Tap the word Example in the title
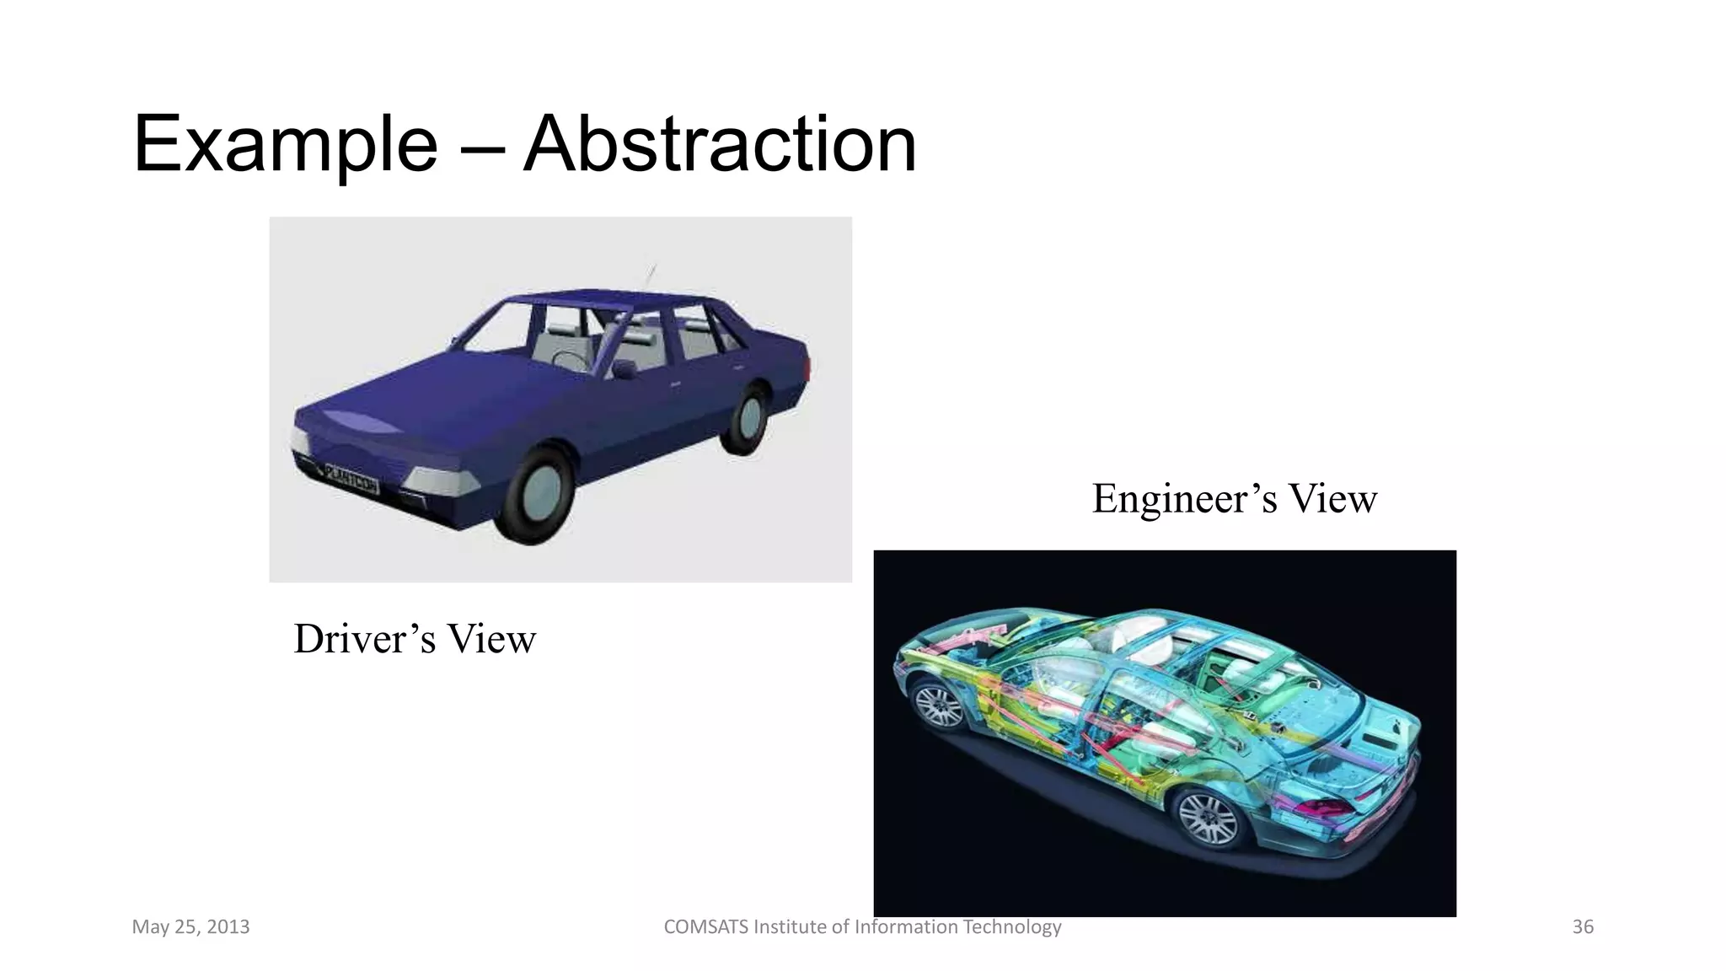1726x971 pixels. (285, 145)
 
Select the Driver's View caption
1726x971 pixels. (415, 639)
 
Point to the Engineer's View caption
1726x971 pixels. (1235, 498)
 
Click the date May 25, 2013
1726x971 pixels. (190, 927)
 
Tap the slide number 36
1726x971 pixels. (1583, 927)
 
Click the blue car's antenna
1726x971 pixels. (651, 274)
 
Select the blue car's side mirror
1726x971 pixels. (624, 368)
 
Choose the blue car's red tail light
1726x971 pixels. (808, 367)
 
